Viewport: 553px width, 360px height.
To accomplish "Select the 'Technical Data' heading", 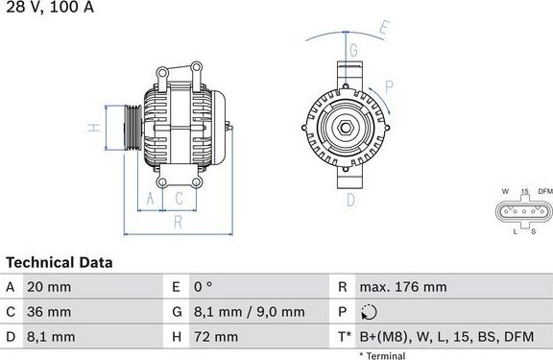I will (x=60, y=262).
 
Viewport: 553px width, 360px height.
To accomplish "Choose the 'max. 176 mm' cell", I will (x=402, y=287).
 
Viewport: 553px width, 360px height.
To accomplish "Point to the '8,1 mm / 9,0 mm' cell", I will (x=250, y=312).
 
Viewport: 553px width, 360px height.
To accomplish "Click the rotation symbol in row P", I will (x=371, y=312).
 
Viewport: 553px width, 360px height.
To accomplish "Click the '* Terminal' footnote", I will (x=382, y=355).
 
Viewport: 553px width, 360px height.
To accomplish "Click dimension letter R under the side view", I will (x=179, y=224).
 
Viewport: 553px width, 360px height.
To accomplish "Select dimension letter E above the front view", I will (x=382, y=28).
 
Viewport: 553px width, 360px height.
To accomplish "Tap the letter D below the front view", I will (x=350, y=200).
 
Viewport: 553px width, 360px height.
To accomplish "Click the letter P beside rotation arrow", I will (x=389, y=86).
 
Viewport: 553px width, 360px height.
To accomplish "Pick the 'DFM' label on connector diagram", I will (x=544, y=192).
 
